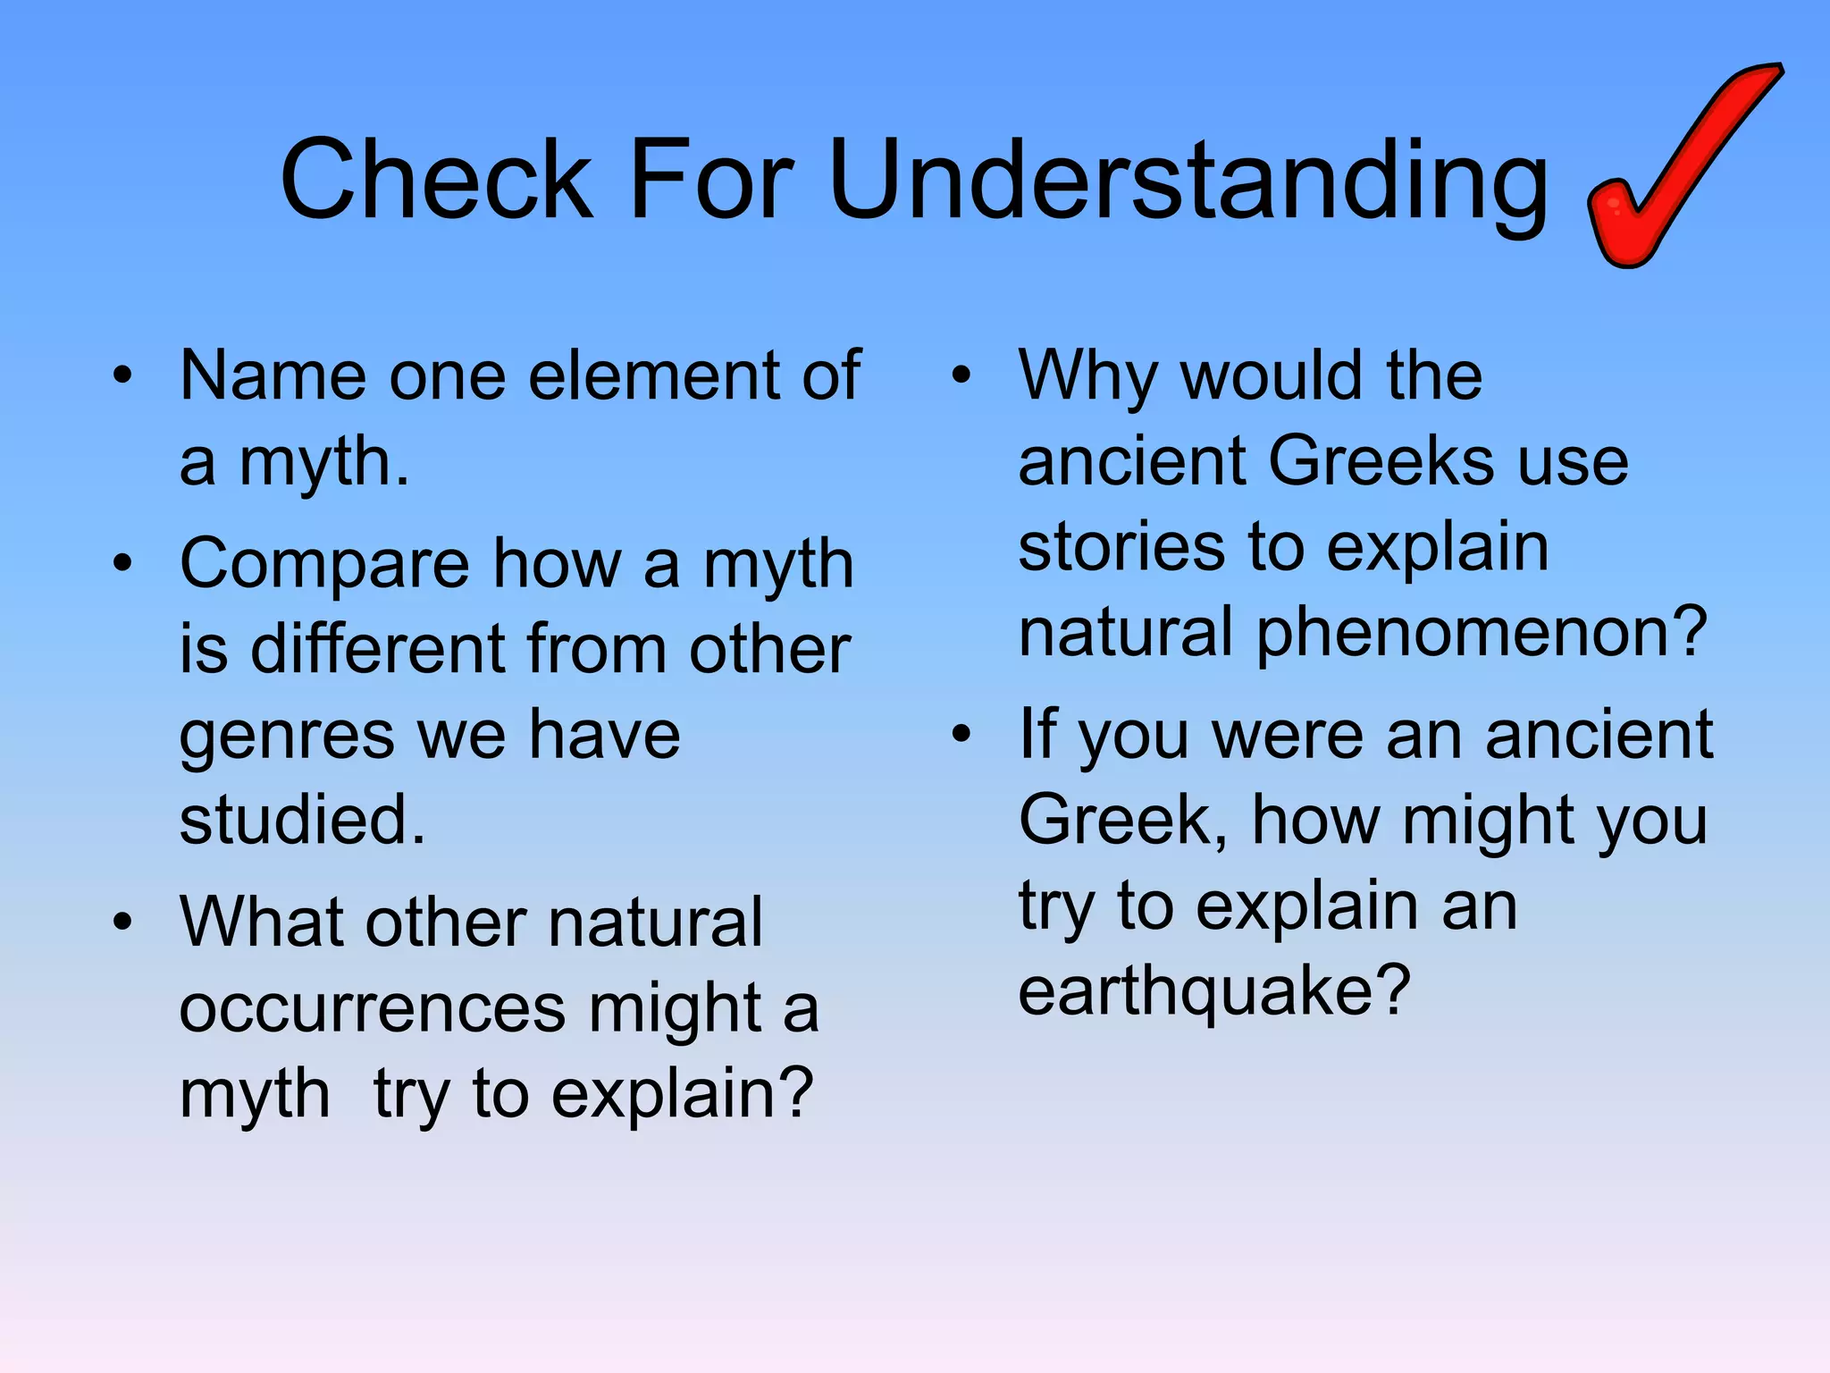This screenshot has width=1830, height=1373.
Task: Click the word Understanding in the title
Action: [x=1188, y=181]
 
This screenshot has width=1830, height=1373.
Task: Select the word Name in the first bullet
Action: [x=273, y=375]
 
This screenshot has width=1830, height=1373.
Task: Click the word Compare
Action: [x=324, y=565]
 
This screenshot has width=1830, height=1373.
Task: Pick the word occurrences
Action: [x=372, y=1009]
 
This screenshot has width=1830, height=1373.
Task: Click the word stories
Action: [x=1121, y=547]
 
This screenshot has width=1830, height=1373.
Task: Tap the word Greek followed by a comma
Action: [x=1121, y=821]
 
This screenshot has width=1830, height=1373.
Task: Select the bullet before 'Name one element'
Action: [x=122, y=375]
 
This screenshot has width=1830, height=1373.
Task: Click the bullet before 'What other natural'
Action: [x=122, y=922]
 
